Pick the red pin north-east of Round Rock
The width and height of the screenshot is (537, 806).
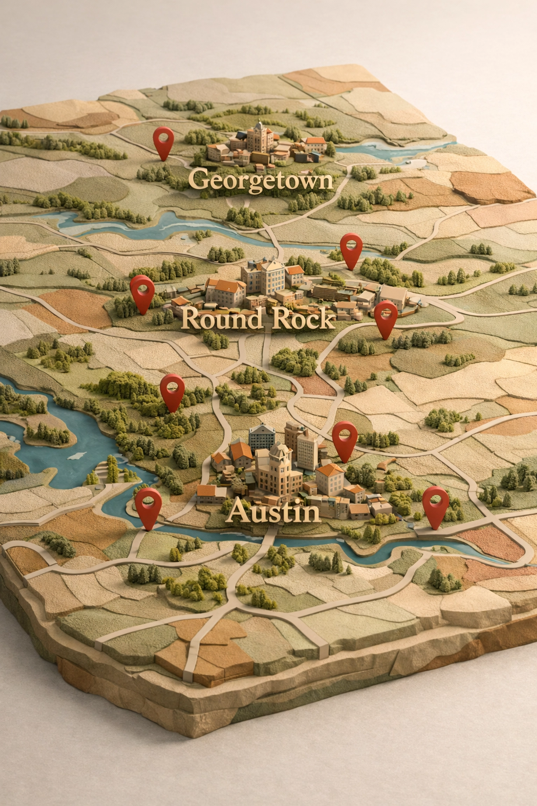coord(351,247)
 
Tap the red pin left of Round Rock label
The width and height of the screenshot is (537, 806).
coord(142,291)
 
